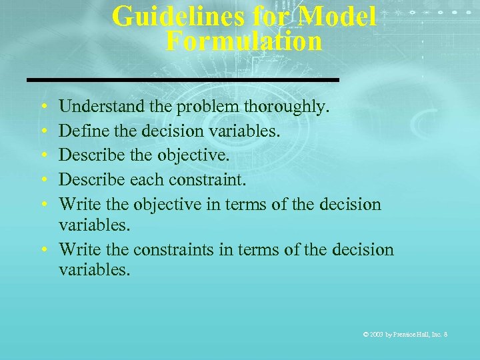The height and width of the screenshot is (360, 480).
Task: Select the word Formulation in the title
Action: click(x=244, y=41)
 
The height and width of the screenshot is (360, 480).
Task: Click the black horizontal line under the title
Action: click(x=183, y=79)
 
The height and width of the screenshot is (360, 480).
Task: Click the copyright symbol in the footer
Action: click(x=365, y=333)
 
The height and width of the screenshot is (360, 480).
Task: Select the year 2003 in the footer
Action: click(x=377, y=333)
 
